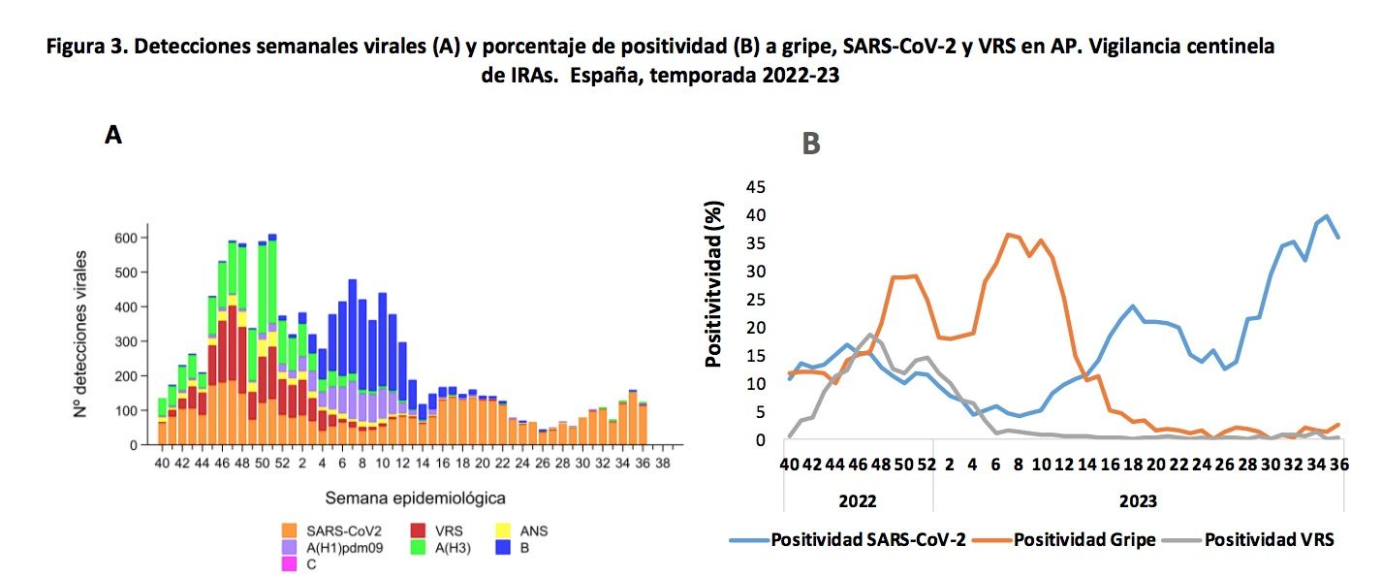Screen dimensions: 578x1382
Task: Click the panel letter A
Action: point(113,136)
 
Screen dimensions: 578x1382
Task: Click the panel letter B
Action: point(810,144)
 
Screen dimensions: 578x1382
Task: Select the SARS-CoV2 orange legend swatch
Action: point(290,530)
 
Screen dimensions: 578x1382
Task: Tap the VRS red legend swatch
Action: point(419,530)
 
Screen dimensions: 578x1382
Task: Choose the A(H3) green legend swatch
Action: point(419,547)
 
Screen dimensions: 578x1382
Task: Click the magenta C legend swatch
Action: point(290,564)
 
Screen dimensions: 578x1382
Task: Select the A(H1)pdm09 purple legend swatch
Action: point(290,547)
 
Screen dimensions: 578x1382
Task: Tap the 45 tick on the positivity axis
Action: point(755,186)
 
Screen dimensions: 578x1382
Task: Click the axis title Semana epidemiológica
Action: point(415,498)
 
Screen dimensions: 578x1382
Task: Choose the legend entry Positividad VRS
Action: point(1269,540)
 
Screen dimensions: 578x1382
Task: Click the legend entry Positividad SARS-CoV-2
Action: point(867,540)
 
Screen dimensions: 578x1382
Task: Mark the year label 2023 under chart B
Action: point(1135,501)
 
